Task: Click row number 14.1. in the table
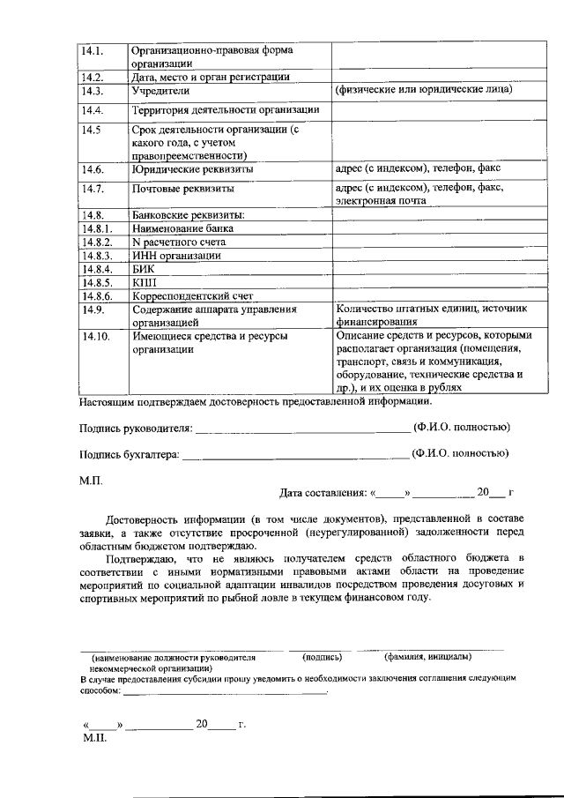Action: [93, 50]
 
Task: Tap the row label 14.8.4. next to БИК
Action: [98, 268]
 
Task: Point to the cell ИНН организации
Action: [176, 255]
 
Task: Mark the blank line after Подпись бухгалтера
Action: [294, 456]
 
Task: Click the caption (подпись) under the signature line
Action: [322, 657]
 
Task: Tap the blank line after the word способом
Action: [225, 692]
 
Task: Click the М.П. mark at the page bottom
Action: [93, 738]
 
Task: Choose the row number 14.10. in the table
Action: [95, 336]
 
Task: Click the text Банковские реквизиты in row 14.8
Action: [188, 214]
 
